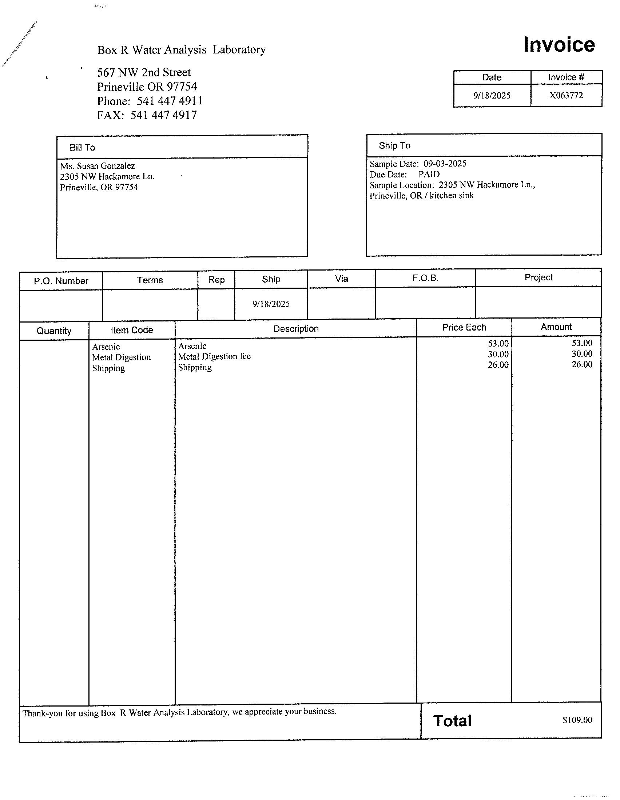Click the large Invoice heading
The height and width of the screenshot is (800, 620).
coord(559,45)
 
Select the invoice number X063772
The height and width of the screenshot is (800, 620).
coord(566,96)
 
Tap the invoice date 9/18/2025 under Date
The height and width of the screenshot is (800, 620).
coord(492,96)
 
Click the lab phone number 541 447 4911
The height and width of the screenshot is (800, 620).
coord(170,101)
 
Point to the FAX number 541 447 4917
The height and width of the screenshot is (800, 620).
coord(163,115)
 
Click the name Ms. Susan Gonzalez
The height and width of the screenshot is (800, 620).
coord(98,166)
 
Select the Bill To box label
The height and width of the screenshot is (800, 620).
coord(82,147)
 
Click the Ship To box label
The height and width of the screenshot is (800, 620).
coord(394,145)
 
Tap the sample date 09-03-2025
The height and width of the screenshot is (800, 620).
coord(445,163)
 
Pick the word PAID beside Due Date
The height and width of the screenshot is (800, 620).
coord(429,174)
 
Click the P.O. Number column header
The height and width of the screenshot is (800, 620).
coord(61,281)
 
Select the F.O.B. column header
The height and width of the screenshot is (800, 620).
coord(425,278)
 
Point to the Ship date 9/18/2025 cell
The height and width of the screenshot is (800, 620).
coord(271,304)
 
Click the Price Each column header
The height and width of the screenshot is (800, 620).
coord(464,327)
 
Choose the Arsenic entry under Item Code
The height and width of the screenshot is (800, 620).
coord(106,347)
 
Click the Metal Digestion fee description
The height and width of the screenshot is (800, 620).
coord(214,356)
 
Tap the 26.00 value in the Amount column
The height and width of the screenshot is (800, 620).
coord(582,364)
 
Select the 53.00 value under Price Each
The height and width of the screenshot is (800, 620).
coord(498,344)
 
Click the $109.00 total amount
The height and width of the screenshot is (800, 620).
coord(577,720)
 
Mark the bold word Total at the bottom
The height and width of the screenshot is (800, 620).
coord(452,721)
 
